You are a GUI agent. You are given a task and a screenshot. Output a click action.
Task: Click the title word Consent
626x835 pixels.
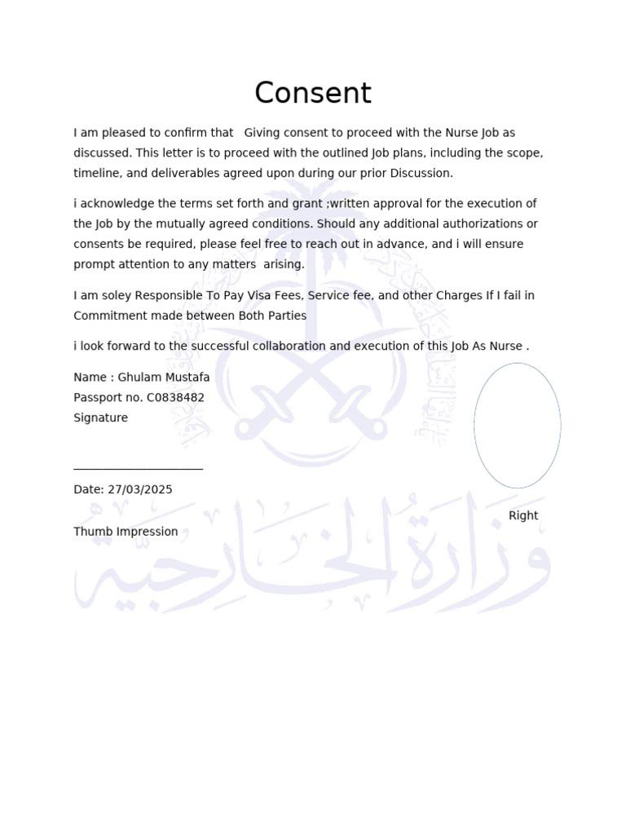coord(312,93)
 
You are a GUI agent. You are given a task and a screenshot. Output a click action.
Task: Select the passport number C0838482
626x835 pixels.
coord(175,398)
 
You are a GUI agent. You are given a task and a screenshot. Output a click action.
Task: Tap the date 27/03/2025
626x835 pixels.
coord(139,489)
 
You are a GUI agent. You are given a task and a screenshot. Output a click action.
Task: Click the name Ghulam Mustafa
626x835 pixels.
coord(164,378)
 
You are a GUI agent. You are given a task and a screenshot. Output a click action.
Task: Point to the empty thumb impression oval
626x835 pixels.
coord(517,425)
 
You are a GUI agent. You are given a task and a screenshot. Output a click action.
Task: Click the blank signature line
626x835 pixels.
coord(138,469)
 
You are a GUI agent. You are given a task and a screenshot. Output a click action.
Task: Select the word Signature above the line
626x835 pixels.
coord(100,417)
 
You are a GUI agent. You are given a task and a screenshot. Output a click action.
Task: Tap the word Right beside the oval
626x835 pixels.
coord(523,515)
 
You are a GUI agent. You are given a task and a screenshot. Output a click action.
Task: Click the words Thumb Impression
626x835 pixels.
coord(126,532)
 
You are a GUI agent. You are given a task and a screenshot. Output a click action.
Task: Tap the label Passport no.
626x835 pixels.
coord(108,398)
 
